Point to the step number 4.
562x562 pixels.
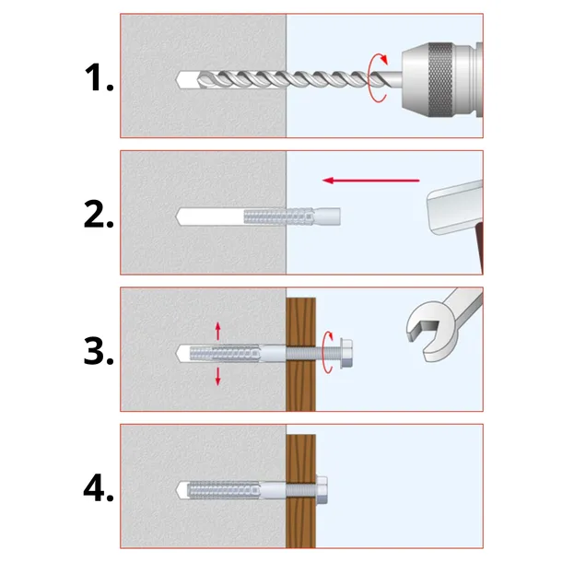pyautogui.click(x=96, y=488)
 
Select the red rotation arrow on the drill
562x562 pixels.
pyautogui.click(x=374, y=76)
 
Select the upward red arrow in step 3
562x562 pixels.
pyautogui.click(x=218, y=330)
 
